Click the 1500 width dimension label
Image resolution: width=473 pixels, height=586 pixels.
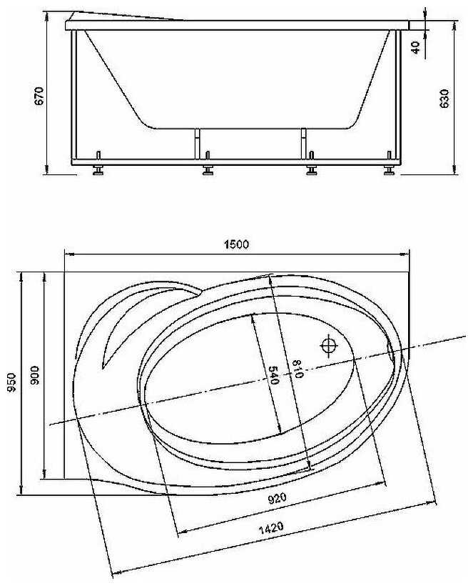(236, 244)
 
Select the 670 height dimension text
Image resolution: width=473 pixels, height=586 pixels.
(39, 96)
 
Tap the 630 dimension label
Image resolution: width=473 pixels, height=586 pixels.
(444, 99)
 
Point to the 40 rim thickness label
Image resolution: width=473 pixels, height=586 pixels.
(415, 47)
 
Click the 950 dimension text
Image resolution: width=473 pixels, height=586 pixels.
(12, 382)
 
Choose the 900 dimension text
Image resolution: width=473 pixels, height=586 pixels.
(35, 375)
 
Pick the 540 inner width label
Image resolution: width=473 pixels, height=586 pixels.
(274, 375)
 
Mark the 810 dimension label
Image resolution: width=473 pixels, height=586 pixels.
(297, 369)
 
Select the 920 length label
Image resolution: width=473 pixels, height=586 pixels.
(278, 498)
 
